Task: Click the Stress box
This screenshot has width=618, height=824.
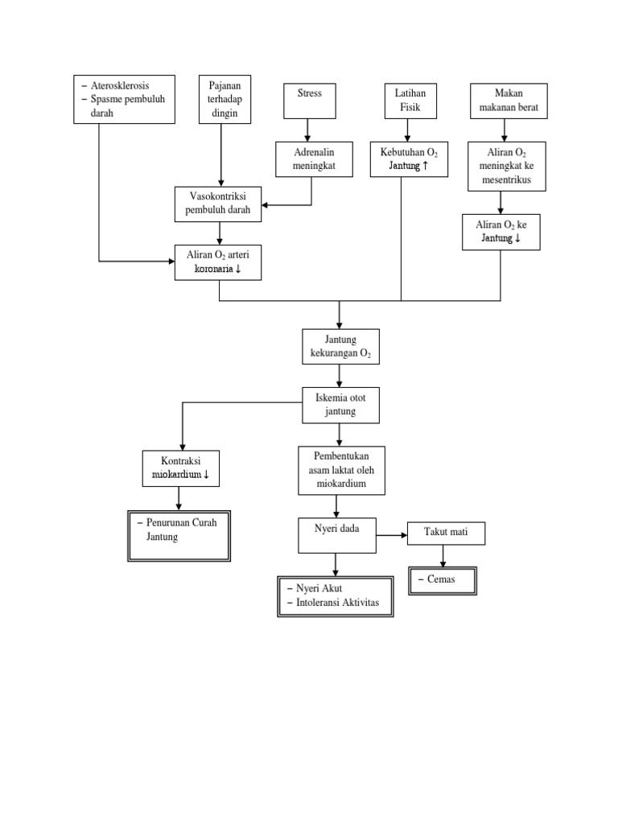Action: click(310, 101)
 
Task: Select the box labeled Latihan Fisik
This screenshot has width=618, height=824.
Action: click(409, 101)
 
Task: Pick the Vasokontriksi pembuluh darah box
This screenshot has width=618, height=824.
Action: click(219, 204)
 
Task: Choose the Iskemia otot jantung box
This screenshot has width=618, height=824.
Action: click(340, 405)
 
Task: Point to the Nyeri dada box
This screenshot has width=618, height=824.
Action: click(337, 536)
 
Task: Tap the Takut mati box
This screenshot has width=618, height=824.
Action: click(447, 533)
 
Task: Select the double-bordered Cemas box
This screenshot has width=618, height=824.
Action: click(443, 580)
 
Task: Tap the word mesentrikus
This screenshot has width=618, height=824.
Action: click(507, 180)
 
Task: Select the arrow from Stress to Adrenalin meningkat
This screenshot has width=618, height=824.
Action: click(307, 130)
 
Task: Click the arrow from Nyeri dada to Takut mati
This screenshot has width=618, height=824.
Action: click(392, 534)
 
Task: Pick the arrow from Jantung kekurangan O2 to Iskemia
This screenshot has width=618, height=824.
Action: click(340, 377)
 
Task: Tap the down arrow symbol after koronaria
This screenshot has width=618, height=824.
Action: click(239, 270)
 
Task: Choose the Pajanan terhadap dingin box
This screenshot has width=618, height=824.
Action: click(225, 100)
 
